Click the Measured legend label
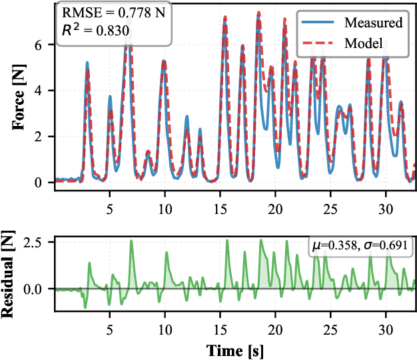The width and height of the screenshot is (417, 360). (x=373, y=23)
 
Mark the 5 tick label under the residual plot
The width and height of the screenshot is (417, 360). (x=110, y=328)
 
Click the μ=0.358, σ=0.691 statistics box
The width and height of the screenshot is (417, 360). (x=362, y=247)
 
